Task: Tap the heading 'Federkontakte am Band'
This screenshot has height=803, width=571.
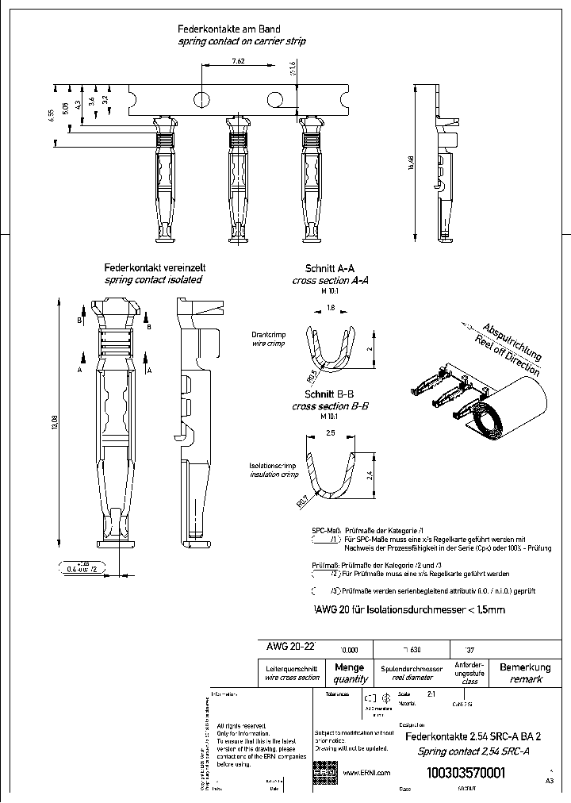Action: (228, 29)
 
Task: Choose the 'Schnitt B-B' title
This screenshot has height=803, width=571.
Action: (331, 394)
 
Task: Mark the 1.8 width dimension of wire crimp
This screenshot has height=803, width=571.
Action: (331, 307)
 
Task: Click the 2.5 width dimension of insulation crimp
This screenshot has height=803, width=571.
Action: (331, 433)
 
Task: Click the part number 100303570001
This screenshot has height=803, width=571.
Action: (466, 773)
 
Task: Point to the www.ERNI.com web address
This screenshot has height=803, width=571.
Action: (366, 772)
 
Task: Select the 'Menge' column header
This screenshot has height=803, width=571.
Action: (350, 667)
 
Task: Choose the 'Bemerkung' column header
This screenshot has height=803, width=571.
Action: (524, 667)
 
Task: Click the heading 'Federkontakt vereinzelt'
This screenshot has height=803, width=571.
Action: (153, 269)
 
